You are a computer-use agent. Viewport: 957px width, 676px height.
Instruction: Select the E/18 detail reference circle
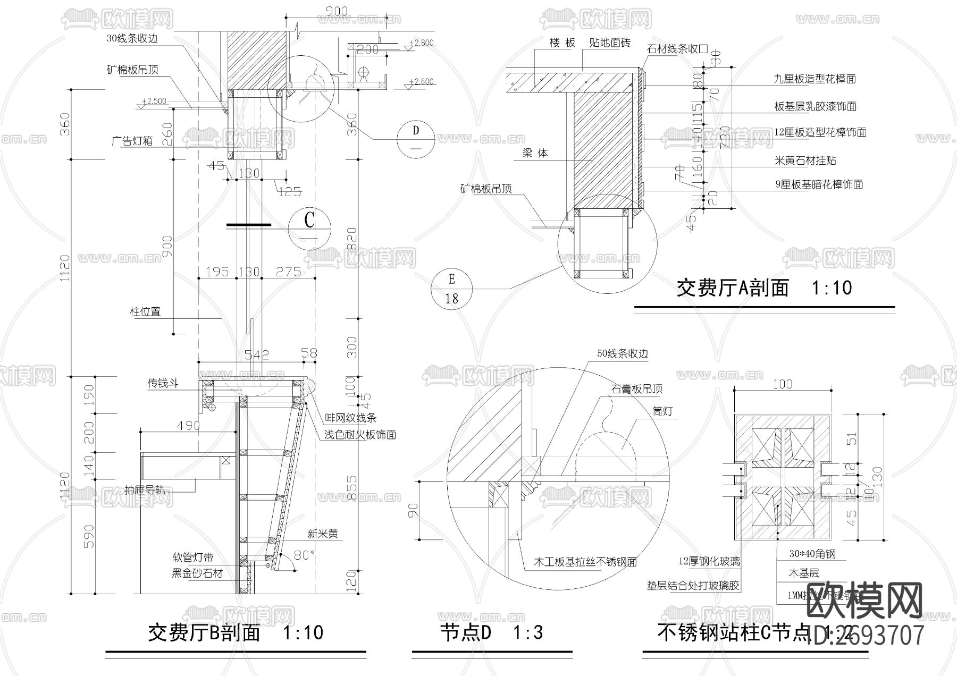tap(451, 289)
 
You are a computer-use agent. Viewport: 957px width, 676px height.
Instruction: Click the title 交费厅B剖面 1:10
tap(235, 632)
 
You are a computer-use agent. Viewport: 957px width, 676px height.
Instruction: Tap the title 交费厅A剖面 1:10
tap(764, 288)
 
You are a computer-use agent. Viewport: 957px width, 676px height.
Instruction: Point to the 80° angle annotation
tap(305, 555)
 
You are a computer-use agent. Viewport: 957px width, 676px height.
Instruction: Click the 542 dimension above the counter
tap(257, 354)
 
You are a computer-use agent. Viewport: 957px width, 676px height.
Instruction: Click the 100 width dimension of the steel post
tap(782, 384)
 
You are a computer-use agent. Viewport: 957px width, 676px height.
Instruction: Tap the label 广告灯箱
tap(132, 140)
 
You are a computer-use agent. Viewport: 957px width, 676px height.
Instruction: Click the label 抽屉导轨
tap(145, 489)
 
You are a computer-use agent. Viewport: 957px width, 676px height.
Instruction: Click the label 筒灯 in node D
tap(662, 411)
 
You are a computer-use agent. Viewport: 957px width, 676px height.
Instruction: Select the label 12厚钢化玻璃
tap(709, 561)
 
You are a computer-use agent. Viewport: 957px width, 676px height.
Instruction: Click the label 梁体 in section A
tap(535, 153)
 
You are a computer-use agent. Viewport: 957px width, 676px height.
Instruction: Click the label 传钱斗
tap(163, 383)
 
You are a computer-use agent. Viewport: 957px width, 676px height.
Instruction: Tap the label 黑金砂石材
tap(197, 573)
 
